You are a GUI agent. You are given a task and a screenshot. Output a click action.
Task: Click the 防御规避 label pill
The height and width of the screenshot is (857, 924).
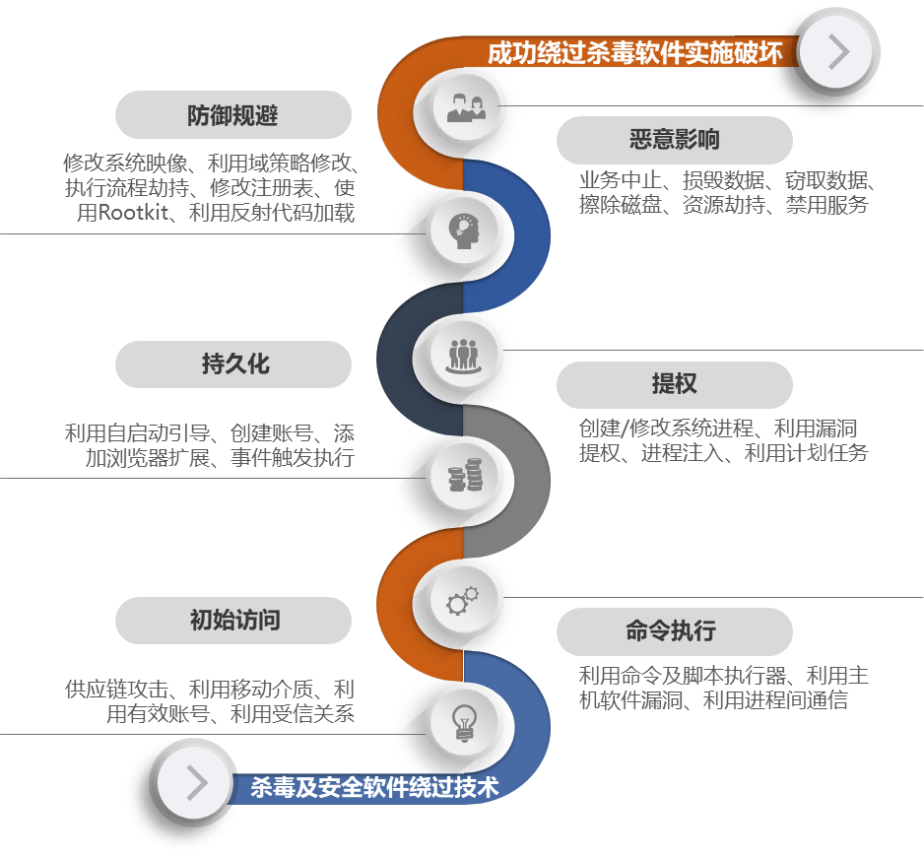pyautogui.click(x=233, y=115)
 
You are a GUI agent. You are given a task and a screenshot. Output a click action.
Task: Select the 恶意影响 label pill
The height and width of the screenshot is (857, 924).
pyautogui.click(x=675, y=140)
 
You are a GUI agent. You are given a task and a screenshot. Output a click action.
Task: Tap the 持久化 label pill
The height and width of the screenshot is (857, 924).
pyautogui.click(x=233, y=364)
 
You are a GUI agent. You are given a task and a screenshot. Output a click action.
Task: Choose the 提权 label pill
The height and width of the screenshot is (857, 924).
pyautogui.click(x=675, y=384)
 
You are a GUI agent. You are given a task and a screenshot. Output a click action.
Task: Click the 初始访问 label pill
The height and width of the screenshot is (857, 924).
pyautogui.click(x=233, y=620)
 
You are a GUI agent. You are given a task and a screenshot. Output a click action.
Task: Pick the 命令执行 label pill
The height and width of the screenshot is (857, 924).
pyautogui.click(x=675, y=631)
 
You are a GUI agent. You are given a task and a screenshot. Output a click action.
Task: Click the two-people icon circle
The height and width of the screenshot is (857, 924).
pyautogui.click(x=466, y=106)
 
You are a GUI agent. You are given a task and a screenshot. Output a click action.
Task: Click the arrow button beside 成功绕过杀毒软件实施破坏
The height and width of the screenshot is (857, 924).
pyautogui.click(x=836, y=51)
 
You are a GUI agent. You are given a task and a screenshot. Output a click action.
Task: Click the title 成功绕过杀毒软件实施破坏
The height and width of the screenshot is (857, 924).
pyautogui.click(x=635, y=52)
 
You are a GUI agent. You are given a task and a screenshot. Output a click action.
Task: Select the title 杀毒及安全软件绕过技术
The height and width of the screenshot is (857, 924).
pyautogui.click(x=374, y=787)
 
